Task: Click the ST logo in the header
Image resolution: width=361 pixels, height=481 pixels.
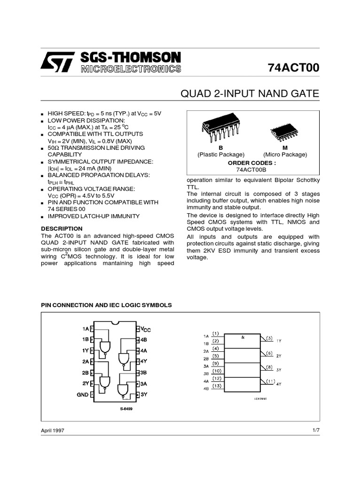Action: click(x=57, y=62)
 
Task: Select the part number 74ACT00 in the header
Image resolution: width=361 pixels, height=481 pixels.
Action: click(x=293, y=68)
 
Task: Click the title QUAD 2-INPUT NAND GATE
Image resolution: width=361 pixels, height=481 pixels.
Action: click(x=250, y=94)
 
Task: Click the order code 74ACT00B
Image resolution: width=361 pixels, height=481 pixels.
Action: click(x=252, y=170)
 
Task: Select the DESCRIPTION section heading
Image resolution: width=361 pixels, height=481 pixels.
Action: click(x=62, y=228)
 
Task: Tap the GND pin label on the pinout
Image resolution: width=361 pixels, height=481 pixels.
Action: click(x=82, y=395)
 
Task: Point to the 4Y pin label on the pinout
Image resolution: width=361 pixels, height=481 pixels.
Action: click(x=144, y=362)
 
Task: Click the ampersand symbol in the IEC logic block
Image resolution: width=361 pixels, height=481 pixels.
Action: click(x=243, y=337)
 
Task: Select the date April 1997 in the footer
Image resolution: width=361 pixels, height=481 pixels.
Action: click(x=53, y=430)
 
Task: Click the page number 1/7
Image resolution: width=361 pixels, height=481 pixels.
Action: click(x=315, y=430)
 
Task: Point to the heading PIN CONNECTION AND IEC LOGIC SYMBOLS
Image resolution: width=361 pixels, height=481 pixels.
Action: click(x=107, y=305)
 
